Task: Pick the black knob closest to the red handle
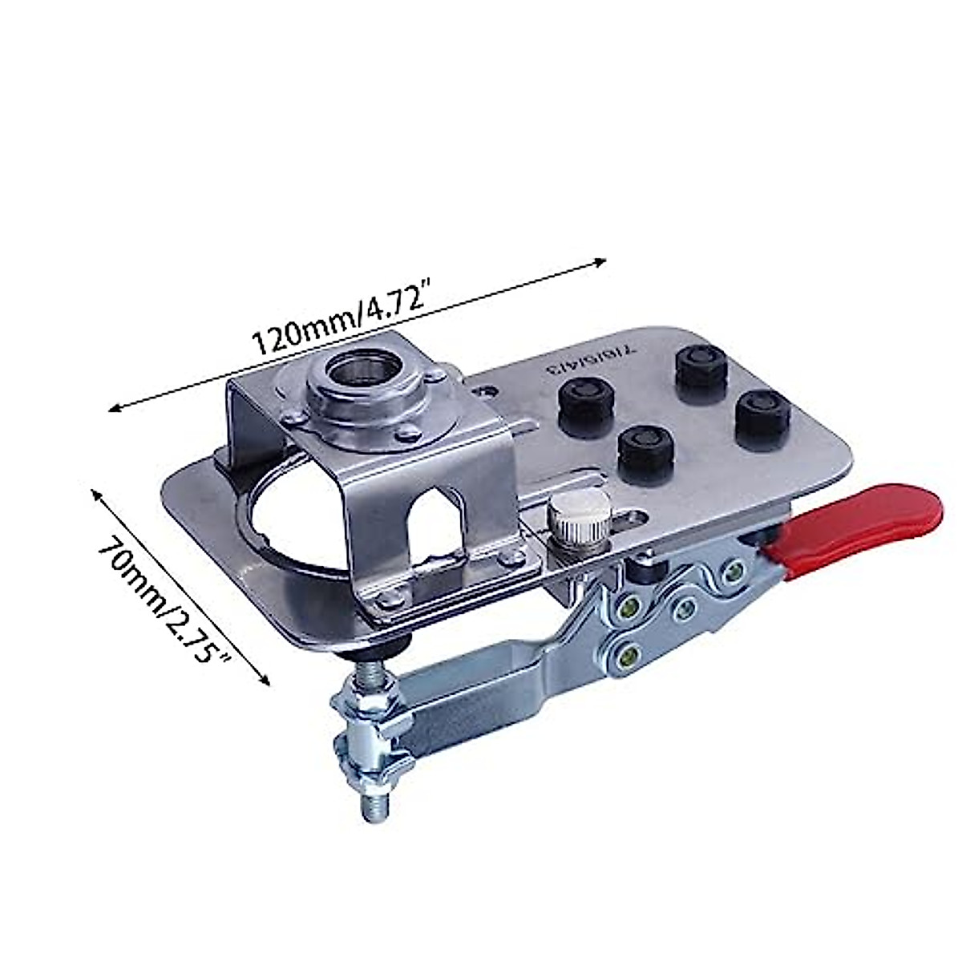click(x=762, y=416)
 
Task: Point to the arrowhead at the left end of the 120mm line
click(x=115, y=409)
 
